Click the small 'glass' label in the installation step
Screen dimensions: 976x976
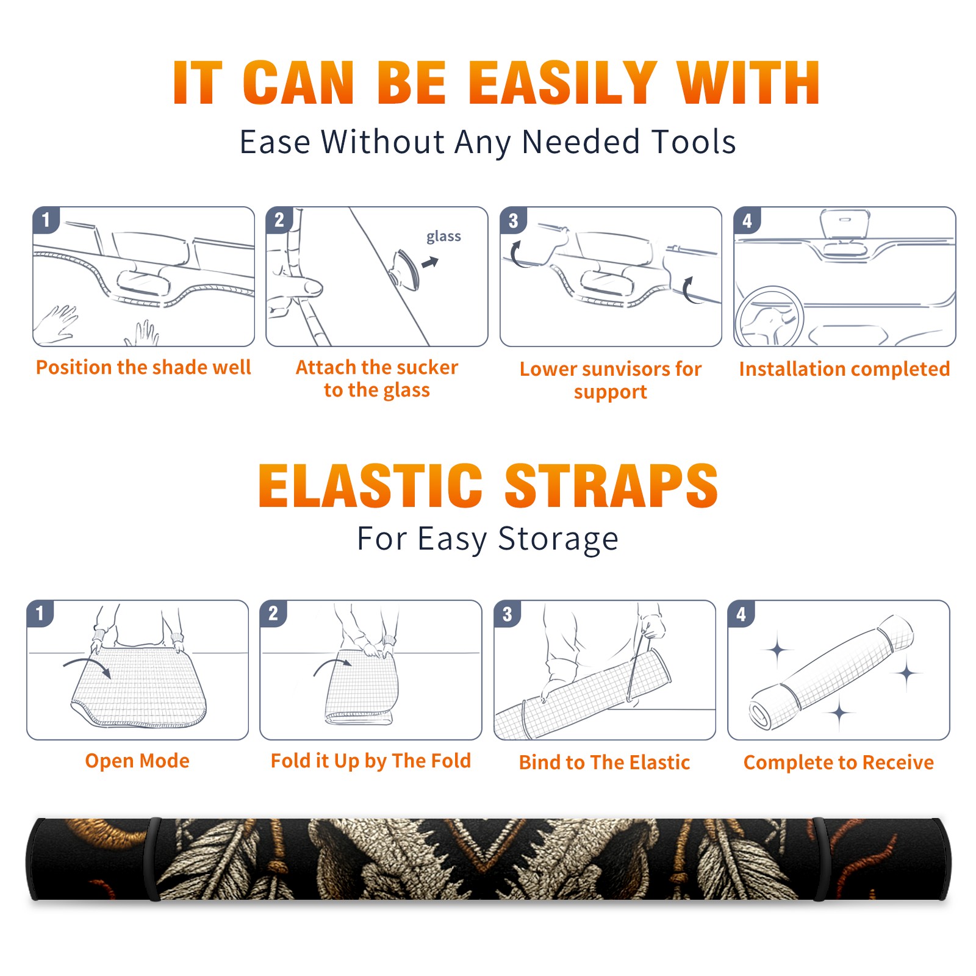tap(443, 237)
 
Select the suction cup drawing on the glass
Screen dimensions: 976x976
tap(405, 269)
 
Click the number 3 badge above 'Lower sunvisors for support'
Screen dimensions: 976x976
tap(513, 220)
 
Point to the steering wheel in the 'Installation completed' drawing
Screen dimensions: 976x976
tap(770, 317)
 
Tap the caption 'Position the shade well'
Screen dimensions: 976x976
tap(143, 367)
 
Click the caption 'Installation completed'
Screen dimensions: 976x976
tap(844, 368)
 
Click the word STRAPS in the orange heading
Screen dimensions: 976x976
tap(611, 486)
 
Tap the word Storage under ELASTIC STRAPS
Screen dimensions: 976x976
tap(558, 539)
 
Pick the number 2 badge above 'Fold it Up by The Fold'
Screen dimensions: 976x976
tap(273, 613)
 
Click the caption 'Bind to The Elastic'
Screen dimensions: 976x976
tap(604, 762)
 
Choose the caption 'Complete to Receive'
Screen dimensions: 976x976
tap(838, 762)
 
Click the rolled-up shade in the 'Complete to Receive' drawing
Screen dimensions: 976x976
tap(832, 672)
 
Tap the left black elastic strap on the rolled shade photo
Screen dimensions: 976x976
tap(153, 859)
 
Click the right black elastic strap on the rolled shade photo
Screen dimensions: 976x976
tap(820, 859)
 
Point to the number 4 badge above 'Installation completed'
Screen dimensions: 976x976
tap(747, 220)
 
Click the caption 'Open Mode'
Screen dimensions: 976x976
tap(137, 761)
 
